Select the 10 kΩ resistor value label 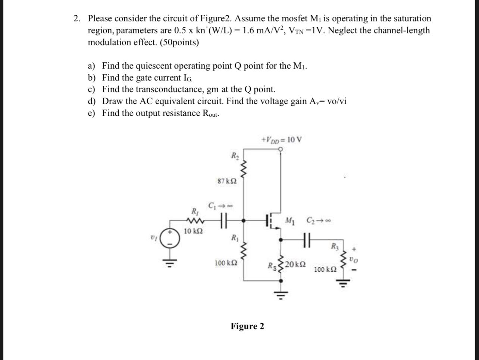pos(194,231)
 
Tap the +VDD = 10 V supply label pos(282,140)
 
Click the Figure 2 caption pos(247,326)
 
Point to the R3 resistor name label pos(334,246)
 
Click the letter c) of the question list pos(92,89)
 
